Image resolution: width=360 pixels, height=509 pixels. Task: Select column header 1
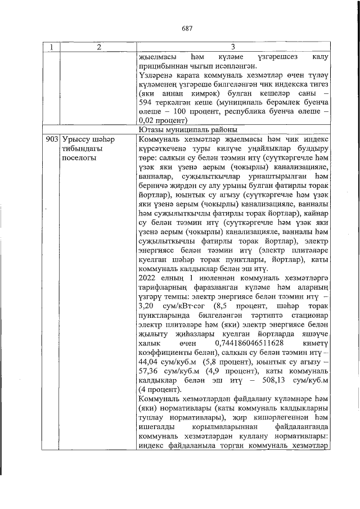pos(52,47)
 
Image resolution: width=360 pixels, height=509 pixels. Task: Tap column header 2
pos(98,47)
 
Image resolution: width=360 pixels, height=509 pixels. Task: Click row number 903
pos(52,138)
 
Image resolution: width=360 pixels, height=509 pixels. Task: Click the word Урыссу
pos(74,138)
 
